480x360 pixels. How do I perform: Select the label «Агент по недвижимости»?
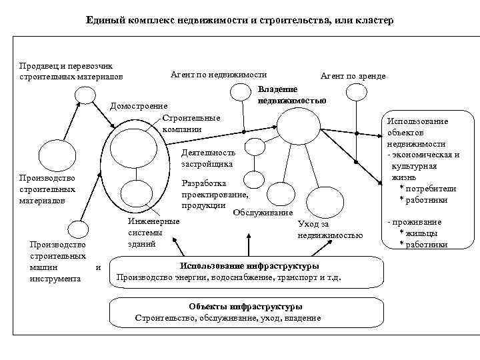click(219, 75)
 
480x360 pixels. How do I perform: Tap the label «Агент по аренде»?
click(353, 77)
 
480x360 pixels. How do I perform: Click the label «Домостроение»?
click(139, 106)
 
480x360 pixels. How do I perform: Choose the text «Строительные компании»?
click(191, 123)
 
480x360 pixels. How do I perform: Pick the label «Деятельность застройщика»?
click(208, 157)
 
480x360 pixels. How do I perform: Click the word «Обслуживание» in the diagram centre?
click(263, 212)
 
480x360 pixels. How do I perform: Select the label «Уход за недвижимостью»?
click(330, 229)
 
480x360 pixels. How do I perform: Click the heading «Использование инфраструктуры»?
click(249, 265)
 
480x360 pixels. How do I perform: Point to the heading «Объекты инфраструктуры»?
click(245, 307)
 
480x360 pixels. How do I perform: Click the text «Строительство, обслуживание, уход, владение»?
click(228, 318)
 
